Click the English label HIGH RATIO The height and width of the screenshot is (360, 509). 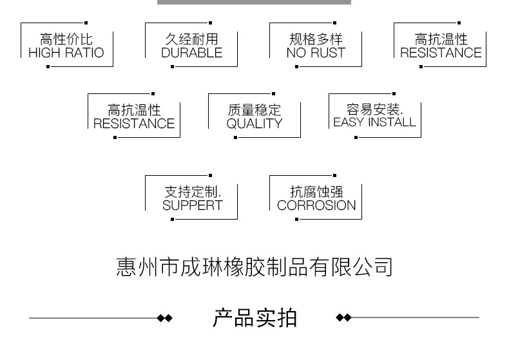(x=66, y=53)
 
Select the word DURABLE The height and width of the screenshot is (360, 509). (x=191, y=53)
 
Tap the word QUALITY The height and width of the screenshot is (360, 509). (x=254, y=124)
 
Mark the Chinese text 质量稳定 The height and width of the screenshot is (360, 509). (x=254, y=110)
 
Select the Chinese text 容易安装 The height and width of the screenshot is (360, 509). (x=374, y=109)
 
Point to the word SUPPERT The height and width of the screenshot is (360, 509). (x=192, y=205)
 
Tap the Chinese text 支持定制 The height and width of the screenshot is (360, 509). (x=192, y=192)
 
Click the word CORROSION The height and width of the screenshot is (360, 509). (x=316, y=205)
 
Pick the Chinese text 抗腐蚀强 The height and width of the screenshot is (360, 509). (x=316, y=192)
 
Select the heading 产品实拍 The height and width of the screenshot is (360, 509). (x=254, y=317)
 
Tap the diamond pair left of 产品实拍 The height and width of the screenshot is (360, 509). (x=166, y=317)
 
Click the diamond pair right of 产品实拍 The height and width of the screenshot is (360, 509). (x=344, y=317)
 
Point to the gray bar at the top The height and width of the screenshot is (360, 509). (x=254, y=2)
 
